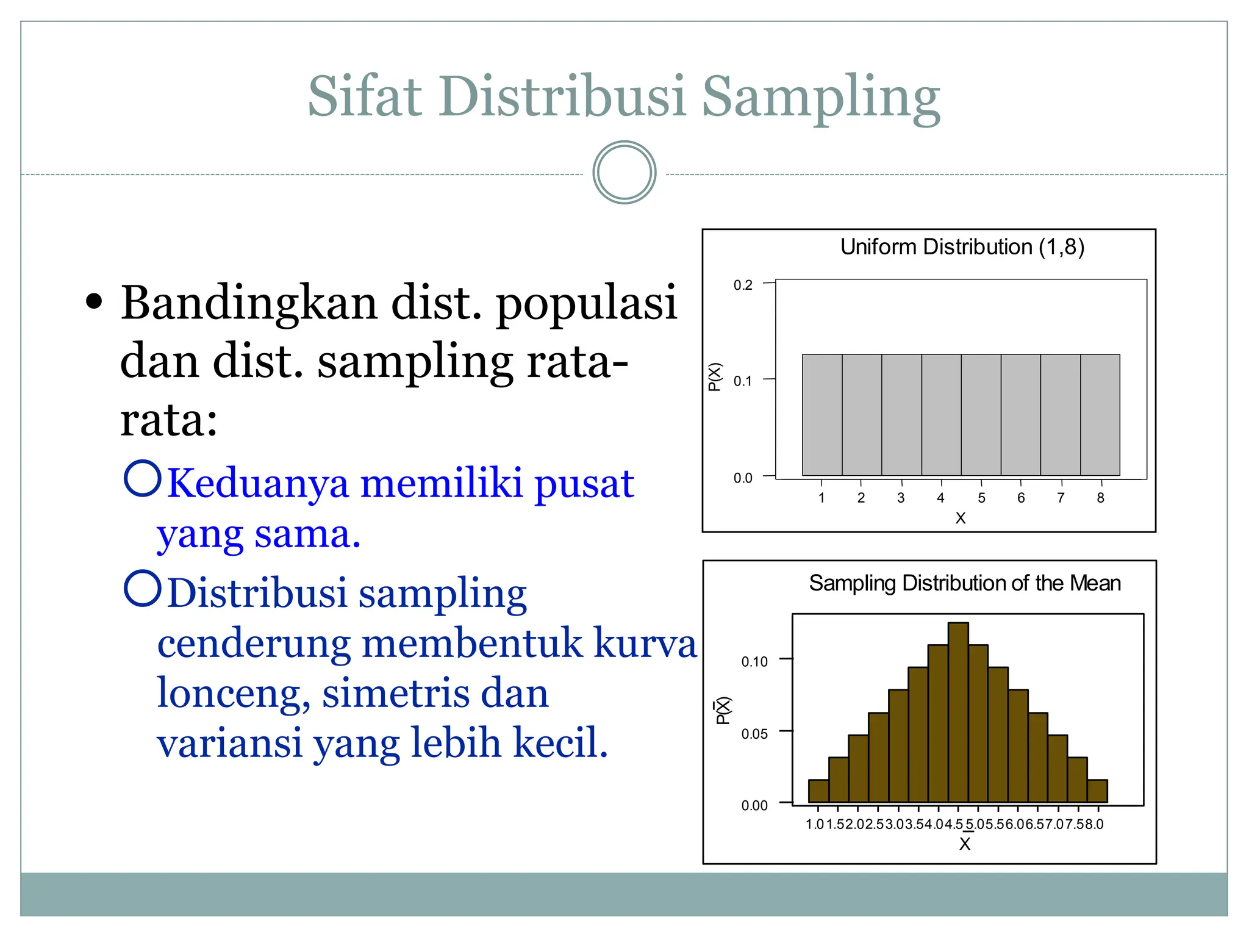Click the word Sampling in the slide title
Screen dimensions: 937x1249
click(x=820, y=98)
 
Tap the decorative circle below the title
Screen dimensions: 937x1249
click(x=624, y=173)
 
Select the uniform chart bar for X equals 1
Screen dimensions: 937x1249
click(x=821, y=415)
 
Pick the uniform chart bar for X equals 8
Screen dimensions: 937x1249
click(x=1100, y=415)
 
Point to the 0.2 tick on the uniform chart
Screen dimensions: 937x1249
click(x=743, y=285)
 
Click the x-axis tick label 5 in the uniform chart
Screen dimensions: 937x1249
click(x=981, y=498)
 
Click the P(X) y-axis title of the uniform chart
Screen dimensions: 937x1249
click(x=715, y=376)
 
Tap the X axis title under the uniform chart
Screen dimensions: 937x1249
click(x=961, y=519)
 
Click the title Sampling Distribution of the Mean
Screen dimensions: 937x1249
click(x=964, y=583)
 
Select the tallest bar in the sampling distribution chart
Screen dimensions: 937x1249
click(x=958, y=712)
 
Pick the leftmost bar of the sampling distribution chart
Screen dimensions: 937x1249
click(x=818, y=791)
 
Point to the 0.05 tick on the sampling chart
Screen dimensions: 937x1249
click(x=754, y=733)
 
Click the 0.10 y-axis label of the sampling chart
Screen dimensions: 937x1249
click(x=754, y=661)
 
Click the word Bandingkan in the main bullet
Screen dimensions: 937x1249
click(x=248, y=303)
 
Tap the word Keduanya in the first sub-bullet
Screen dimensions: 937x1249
click(x=257, y=483)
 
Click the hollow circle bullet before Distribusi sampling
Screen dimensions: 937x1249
click(x=142, y=589)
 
